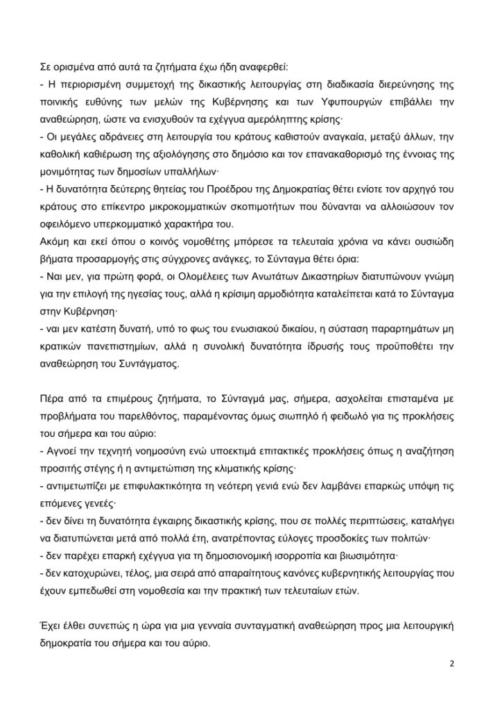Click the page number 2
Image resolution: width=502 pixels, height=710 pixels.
(451, 662)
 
